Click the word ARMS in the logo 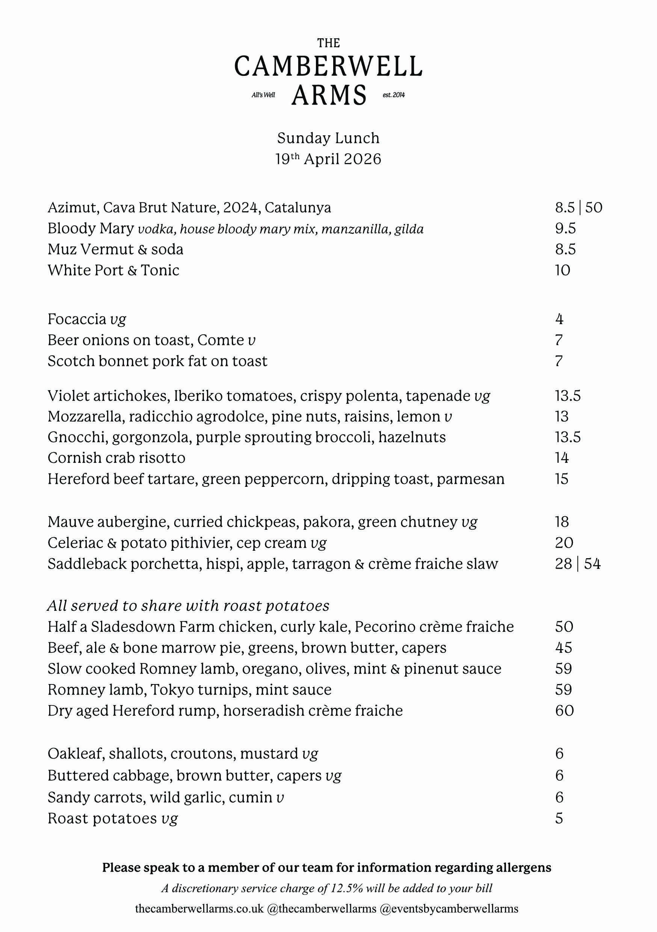[329, 95]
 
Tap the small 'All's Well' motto [263, 95]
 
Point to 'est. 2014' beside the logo [394, 95]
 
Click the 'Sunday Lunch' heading [328, 138]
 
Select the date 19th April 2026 [328, 159]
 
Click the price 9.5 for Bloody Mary [565, 228]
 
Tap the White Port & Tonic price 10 [562, 270]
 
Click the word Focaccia [77, 319]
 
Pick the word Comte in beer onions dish [221, 340]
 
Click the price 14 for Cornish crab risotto [562, 458]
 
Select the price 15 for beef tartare [562, 479]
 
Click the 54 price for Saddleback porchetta [592, 564]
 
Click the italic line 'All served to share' [188, 606]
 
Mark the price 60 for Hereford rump [565, 711]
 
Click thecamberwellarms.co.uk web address [199, 908]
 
